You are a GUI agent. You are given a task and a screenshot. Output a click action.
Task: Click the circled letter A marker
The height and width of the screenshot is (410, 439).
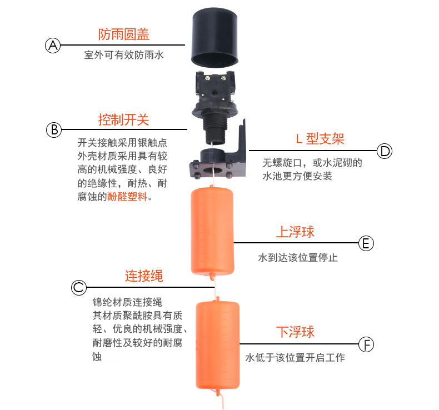point(53,46)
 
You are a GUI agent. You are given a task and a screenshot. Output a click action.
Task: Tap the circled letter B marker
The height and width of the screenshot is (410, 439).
point(54,130)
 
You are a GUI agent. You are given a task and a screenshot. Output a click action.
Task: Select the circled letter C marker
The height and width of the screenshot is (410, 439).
point(79,287)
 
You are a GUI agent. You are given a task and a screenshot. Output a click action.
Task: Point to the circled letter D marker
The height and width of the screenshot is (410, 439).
point(385,151)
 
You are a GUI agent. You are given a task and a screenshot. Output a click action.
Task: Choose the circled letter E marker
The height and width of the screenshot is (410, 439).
point(366,243)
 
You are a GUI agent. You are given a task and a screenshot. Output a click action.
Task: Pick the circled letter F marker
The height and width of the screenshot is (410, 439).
point(366,344)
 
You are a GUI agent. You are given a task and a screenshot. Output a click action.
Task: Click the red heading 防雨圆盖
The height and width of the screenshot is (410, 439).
point(124,34)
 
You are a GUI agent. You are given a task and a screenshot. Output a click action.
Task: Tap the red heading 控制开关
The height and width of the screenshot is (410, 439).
point(123,119)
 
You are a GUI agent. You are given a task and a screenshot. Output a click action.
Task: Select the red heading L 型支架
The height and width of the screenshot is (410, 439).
point(320,138)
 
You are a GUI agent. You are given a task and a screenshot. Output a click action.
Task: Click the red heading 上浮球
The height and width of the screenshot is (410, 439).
point(296,232)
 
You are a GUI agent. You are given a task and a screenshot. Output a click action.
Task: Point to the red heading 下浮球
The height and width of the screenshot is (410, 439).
point(296,332)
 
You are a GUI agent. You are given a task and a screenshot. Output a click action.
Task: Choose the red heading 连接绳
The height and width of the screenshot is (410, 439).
point(144,276)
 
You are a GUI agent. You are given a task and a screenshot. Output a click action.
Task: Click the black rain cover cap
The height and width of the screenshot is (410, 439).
point(214,38)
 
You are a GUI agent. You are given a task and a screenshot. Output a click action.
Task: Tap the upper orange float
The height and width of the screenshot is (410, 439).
point(212,232)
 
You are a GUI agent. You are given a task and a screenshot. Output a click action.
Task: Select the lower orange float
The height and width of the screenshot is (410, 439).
point(217,345)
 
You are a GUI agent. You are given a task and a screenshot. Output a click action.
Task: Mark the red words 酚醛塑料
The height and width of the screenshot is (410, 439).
point(127,197)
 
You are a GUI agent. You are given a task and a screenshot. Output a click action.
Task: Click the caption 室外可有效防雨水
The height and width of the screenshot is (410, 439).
point(124,55)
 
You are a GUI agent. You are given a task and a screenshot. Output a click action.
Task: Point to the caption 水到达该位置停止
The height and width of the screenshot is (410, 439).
point(298,257)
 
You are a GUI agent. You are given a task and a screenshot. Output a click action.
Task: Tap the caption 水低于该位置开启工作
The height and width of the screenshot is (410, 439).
point(295,357)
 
